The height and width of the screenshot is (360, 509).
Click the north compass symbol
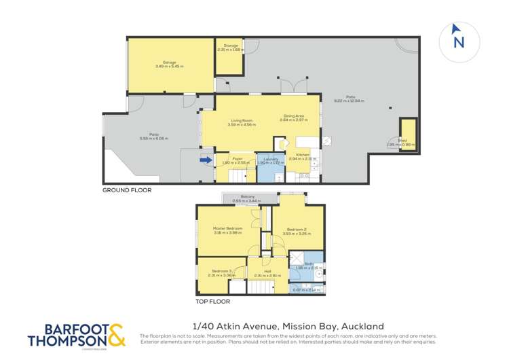(x=459, y=38)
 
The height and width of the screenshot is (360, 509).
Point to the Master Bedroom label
(x=227, y=230)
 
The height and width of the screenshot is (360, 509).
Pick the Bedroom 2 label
(x=298, y=231)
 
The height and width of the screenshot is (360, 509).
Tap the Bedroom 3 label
(x=221, y=272)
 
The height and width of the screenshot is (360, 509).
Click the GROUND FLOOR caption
(x=127, y=190)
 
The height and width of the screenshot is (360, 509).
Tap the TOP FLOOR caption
(x=213, y=300)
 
